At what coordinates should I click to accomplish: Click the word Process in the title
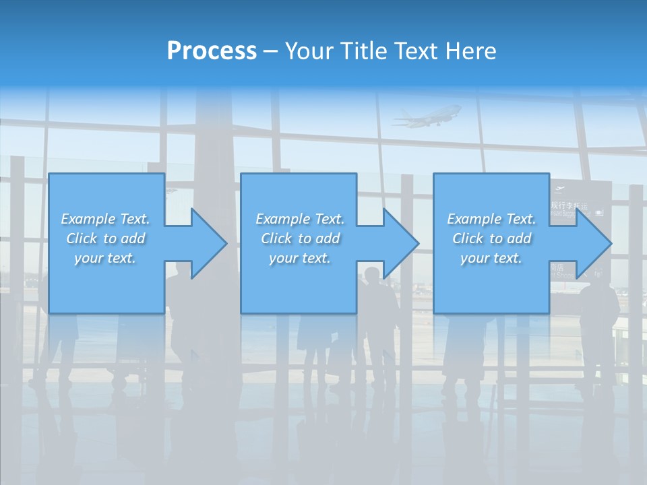(212, 51)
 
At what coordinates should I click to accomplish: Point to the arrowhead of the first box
(209, 243)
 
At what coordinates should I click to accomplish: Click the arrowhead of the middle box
(401, 243)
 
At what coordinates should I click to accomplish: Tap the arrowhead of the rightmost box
(594, 243)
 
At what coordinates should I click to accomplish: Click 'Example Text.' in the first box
(105, 219)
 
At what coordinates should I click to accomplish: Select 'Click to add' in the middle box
(300, 238)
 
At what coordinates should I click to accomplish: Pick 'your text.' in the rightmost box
(491, 258)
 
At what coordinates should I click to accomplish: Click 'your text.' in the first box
(105, 258)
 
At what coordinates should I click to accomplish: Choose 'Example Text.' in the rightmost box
(491, 219)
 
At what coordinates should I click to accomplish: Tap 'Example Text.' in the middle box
(300, 219)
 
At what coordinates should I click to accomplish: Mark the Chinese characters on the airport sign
(569, 205)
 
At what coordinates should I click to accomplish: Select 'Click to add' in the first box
(105, 238)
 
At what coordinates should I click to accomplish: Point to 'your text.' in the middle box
(300, 258)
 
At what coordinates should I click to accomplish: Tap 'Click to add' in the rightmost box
(491, 238)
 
